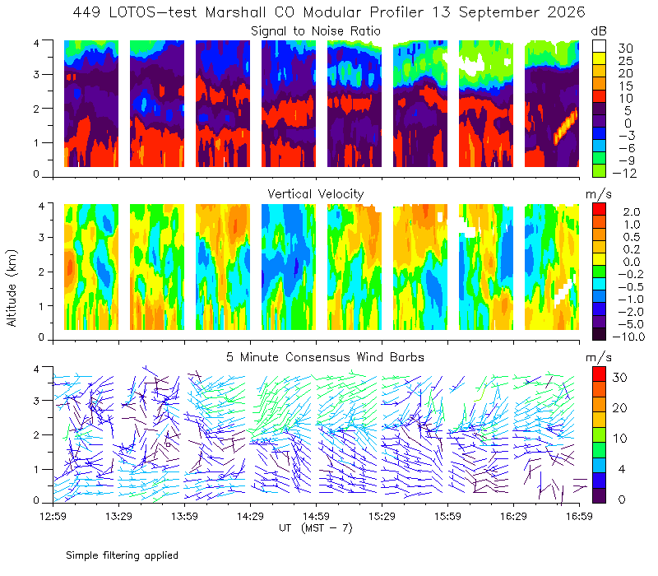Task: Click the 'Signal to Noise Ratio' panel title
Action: click(x=316, y=31)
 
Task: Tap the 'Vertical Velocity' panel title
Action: click(x=316, y=194)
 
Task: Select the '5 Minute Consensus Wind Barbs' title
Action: click(x=325, y=357)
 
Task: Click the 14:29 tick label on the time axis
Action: click(x=250, y=516)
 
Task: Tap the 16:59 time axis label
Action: click(x=579, y=516)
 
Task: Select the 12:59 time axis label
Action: click(x=53, y=516)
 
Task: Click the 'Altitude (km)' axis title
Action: click(x=12, y=288)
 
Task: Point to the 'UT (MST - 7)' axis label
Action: click(x=316, y=527)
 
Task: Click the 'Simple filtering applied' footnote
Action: click(x=122, y=555)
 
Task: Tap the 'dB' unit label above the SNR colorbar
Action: click(x=599, y=31)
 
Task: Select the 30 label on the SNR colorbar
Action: click(x=625, y=49)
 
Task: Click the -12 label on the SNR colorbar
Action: click(x=624, y=173)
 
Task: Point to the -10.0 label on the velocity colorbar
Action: click(x=628, y=337)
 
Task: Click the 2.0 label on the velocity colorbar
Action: click(x=632, y=212)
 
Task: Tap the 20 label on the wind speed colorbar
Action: click(x=619, y=407)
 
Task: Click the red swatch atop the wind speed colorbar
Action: click(x=599, y=374)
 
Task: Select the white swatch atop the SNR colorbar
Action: click(x=599, y=46)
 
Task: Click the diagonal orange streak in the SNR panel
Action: click(x=566, y=127)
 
